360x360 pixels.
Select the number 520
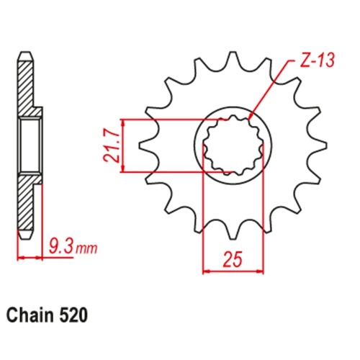[76, 315]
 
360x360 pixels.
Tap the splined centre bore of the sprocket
[233, 146]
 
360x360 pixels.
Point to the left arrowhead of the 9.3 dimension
[19, 257]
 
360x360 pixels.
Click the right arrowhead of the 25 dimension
[260, 271]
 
